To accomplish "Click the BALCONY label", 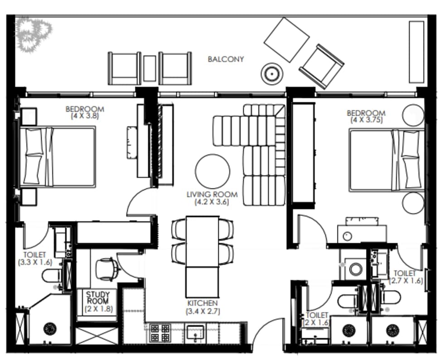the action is [x=226, y=59].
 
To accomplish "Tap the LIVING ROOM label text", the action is [x=212, y=195].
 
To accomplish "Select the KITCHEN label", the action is [x=202, y=303].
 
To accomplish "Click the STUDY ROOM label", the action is [x=98, y=298].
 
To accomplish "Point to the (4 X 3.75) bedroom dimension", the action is [x=366, y=120].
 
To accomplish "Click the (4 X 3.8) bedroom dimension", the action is [x=85, y=116].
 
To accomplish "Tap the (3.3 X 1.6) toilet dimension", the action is [x=35, y=262].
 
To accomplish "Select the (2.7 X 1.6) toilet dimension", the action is [x=406, y=281].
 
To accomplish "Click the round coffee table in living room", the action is [x=212, y=171].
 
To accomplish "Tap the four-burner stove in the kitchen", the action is [x=160, y=333].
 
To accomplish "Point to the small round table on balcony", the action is [x=272, y=74].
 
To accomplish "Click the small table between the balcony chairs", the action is [x=149, y=69].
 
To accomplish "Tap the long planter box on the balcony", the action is [x=416, y=52].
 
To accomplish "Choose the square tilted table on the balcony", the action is [x=286, y=39].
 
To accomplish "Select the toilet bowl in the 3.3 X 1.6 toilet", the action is [x=52, y=276].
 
